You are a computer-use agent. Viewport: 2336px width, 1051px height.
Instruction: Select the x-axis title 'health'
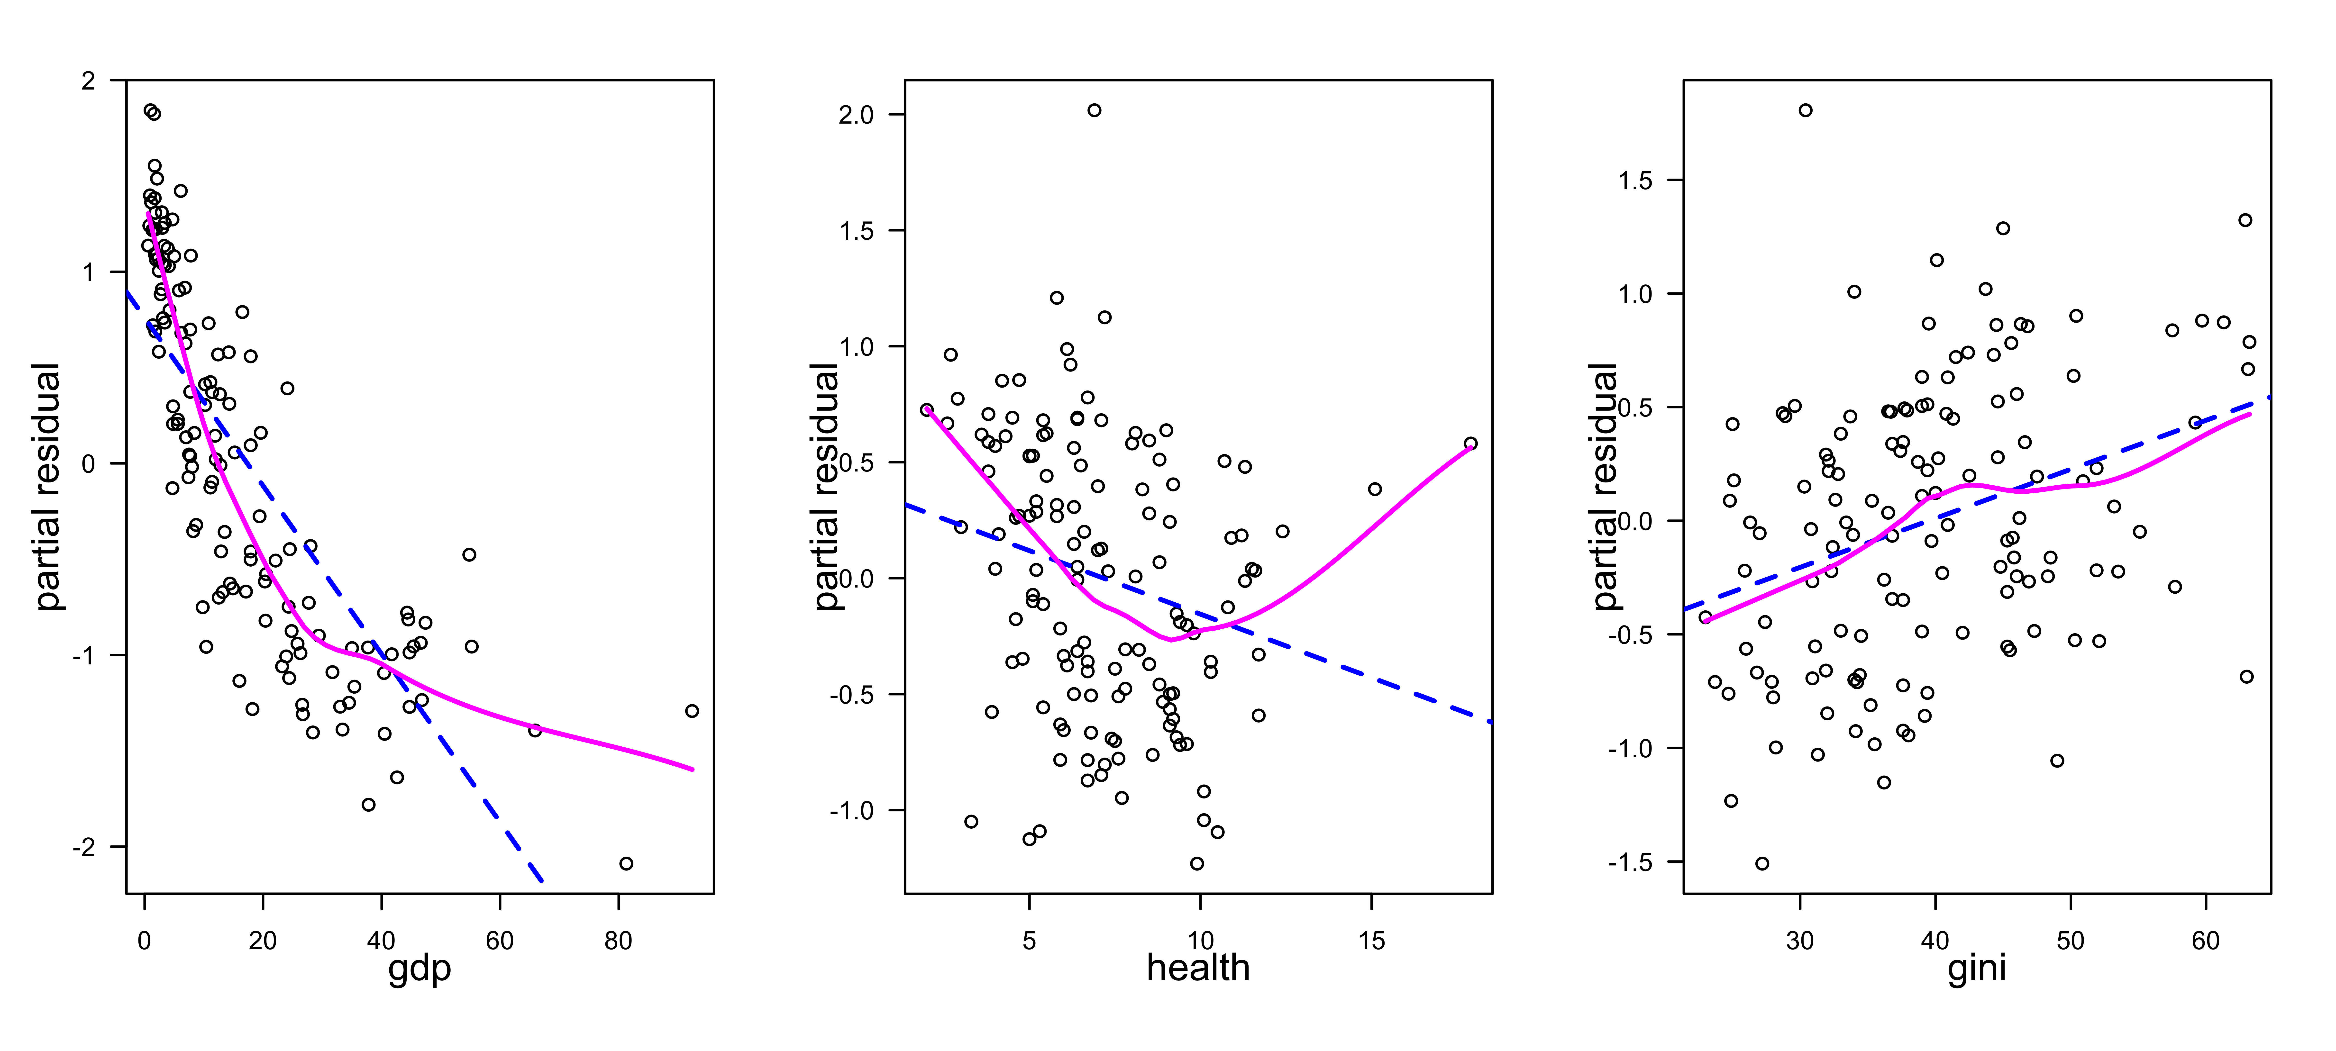1198,968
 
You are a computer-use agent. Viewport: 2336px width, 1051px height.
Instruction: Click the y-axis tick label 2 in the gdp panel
88,81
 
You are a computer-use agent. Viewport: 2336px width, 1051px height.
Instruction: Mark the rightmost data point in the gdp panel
692,711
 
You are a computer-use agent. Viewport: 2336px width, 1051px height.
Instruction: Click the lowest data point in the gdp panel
626,863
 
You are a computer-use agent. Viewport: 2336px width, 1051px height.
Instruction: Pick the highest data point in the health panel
1095,111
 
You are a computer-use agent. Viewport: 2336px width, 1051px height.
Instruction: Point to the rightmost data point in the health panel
1471,444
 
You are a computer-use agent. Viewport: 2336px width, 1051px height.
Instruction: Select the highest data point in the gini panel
1806,111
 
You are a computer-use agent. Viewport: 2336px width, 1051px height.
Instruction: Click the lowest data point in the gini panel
1762,863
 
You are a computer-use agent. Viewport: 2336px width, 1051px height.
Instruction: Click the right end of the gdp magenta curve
693,770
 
